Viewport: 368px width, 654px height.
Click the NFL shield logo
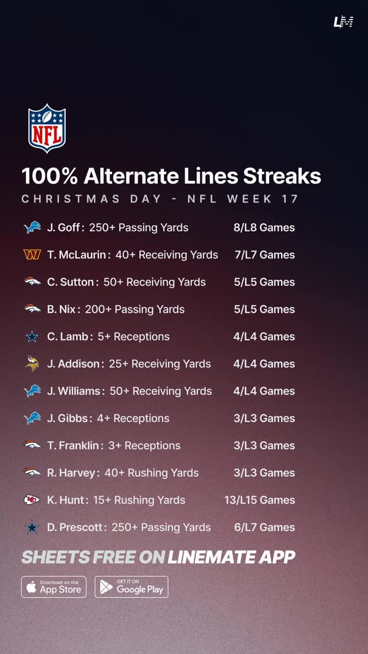pos(47,128)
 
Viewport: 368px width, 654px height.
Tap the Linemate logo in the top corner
pos(343,22)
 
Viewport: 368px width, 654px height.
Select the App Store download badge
pos(54,587)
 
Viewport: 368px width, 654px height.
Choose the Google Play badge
pos(132,587)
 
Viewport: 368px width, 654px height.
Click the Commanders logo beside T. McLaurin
pos(32,254)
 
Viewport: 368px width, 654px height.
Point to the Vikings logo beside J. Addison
pos(32,363)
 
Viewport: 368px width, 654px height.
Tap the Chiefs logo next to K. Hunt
pos(32,500)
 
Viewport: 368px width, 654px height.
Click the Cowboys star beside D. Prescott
pos(32,527)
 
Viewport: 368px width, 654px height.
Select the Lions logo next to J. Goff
pos(32,227)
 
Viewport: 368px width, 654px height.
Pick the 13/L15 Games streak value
pos(259,500)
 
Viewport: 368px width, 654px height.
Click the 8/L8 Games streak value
pos(264,227)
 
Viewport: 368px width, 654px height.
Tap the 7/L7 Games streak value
pos(264,254)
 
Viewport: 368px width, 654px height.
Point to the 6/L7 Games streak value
pos(264,527)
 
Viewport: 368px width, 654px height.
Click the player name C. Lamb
pos(67,336)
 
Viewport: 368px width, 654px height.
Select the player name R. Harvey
pos(71,473)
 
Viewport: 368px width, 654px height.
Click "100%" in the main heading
pos(49,176)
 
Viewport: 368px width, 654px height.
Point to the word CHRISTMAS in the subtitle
pos(71,199)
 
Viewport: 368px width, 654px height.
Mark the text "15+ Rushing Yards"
pos(139,500)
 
